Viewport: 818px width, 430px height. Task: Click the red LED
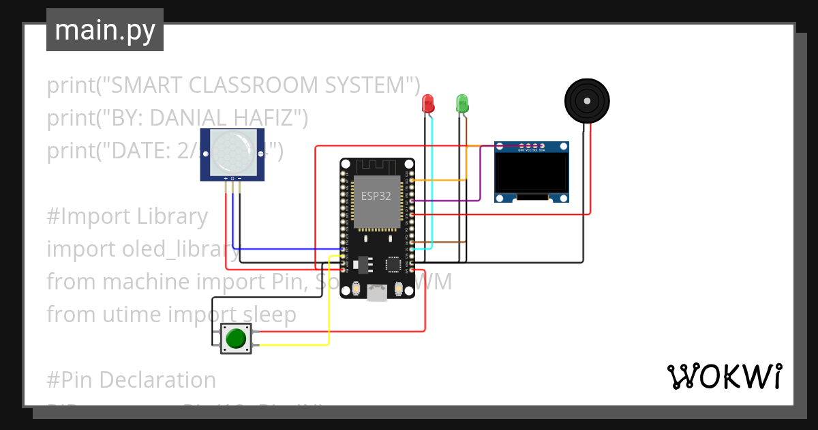(x=428, y=103)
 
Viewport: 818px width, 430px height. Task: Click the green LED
(x=462, y=103)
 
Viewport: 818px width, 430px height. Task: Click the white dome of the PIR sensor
(x=231, y=152)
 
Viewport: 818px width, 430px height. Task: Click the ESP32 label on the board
(x=376, y=196)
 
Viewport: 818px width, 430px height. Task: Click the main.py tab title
(x=105, y=30)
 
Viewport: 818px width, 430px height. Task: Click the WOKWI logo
(x=724, y=376)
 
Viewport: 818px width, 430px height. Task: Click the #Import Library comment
(x=127, y=216)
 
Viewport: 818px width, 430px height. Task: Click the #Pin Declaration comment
(x=132, y=379)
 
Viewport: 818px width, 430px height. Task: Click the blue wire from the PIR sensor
(x=286, y=248)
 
